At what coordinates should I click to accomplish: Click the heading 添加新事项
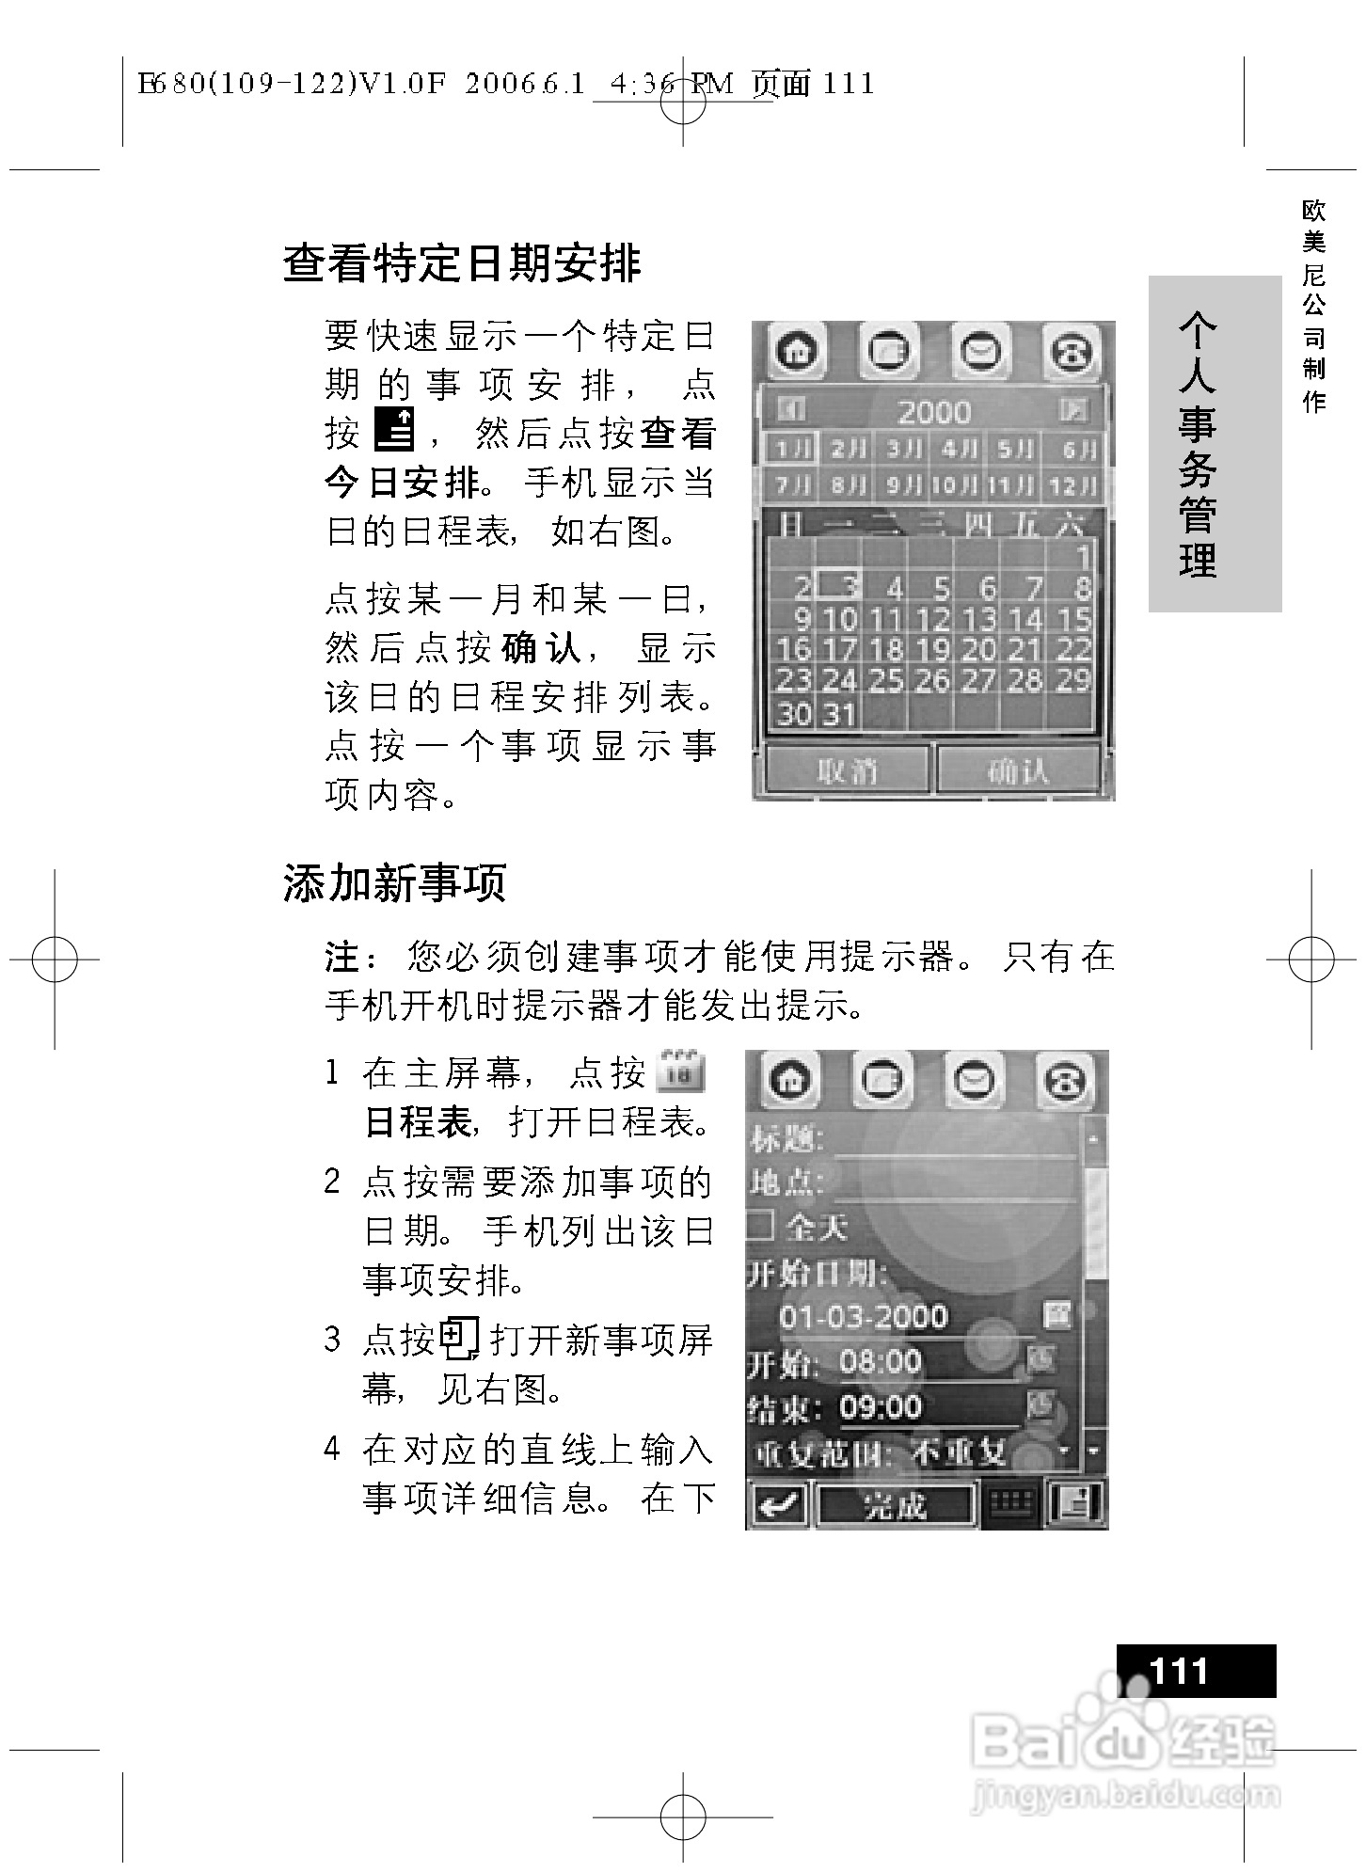pyautogui.click(x=394, y=883)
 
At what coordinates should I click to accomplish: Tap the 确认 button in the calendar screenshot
pyautogui.click(x=1018, y=770)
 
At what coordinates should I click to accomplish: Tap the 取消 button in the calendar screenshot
pyautogui.click(x=847, y=770)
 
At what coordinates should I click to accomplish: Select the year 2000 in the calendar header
pyautogui.click(x=933, y=412)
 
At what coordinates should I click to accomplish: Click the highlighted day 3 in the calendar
pyautogui.click(x=838, y=587)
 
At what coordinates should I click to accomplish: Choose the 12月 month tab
pyautogui.click(x=1072, y=485)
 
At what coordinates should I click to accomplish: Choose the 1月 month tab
pyautogui.click(x=790, y=449)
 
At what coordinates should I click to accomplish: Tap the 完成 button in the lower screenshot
pyautogui.click(x=894, y=1506)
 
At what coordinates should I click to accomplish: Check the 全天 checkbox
pyautogui.click(x=761, y=1226)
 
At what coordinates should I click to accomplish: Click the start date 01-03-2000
pyautogui.click(x=863, y=1316)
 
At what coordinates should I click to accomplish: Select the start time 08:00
pyautogui.click(x=881, y=1361)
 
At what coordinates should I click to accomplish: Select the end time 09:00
pyautogui.click(x=881, y=1407)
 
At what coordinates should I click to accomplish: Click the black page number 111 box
pyautogui.click(x=1196, y=1671)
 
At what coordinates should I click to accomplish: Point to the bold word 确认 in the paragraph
pyautogui.click(x=541, y=648)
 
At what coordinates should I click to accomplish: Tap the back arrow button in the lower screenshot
pyautogui.click(x=776, y=1506)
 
